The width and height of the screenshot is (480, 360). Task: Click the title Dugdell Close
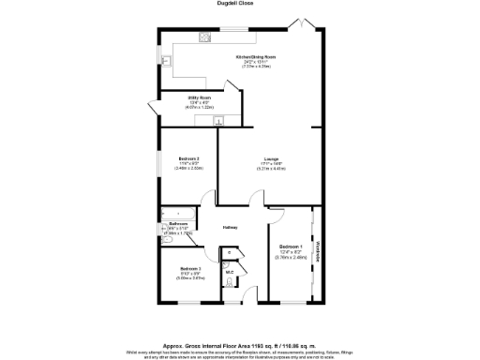click(240, 4)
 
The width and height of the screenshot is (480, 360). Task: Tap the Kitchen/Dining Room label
click(248, 57)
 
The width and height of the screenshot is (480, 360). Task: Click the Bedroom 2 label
click(189, 159)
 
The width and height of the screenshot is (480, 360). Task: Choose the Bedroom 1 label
click(291, 246)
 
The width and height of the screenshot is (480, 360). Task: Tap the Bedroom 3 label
click(191, 268)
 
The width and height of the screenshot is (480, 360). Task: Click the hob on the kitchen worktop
click(203, 37)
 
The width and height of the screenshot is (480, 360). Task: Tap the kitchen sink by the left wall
click(165, 60)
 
